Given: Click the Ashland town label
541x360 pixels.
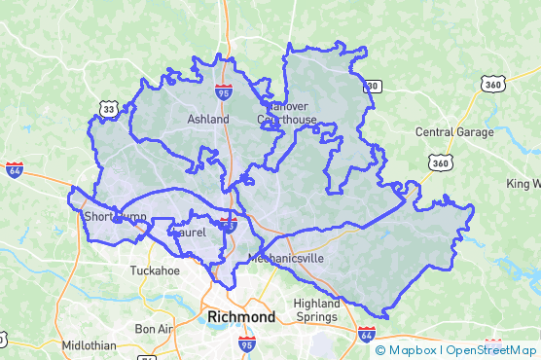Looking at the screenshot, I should [x=208, y=120].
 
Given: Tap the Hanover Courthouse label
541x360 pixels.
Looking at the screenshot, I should [x=287, y=113].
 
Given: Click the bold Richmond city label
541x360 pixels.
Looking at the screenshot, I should [x=241, y=316].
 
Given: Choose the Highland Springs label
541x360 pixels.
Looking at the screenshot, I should [x=317, y=310].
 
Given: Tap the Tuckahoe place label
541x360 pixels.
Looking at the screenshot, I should [x=157, y=270].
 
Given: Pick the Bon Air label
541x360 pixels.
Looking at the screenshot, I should [x=153, y=329].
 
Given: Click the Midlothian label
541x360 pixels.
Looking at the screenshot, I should [x=89, y=345].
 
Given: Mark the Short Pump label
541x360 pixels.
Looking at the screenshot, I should [x=115, y=216].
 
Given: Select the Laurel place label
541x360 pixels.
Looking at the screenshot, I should [x=190, y=234].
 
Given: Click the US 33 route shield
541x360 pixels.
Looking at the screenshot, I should [x=107, y=109].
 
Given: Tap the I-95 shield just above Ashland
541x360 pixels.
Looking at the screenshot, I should [x=225, y=93].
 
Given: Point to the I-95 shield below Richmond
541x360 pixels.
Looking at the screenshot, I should [x=247, y=343].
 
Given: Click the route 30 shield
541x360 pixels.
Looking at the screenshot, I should [x=371, y=87].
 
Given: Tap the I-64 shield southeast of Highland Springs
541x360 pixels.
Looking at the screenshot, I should [x=366, y=335].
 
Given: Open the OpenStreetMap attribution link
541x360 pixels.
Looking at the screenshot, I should [x=491, y=350].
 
